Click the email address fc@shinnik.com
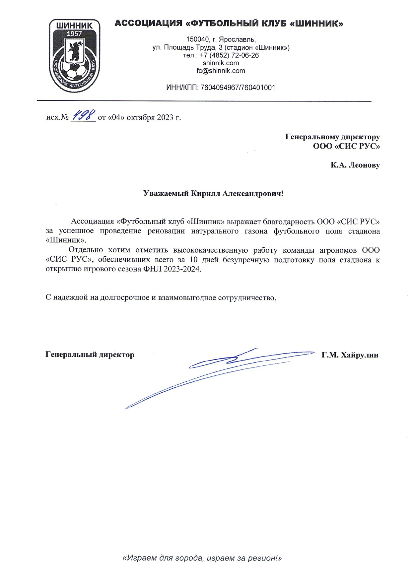[221, 71]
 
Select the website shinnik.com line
[221, 63]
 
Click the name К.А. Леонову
[355, 165]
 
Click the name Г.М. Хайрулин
[350, 355]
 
